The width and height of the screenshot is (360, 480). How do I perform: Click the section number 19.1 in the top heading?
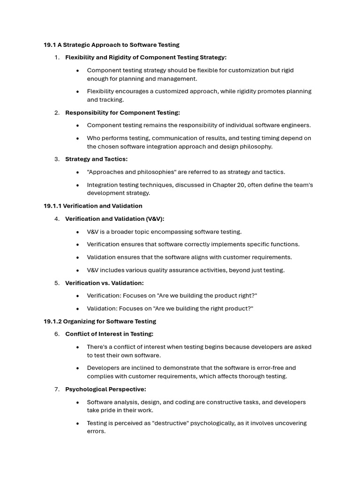tap(49, 45)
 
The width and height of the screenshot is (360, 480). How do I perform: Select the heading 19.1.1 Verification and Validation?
tap(93, 206)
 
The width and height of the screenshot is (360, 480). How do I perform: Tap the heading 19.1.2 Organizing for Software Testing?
tap(100, 322)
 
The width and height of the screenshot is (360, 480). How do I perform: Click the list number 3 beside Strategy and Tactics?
tap(57, 159)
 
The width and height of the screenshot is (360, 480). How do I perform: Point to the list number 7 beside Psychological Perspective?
tap(57, 390)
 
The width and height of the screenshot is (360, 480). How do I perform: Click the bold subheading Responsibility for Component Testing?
tap(122, 113)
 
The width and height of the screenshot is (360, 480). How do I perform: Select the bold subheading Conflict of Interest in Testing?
tap(109, 334)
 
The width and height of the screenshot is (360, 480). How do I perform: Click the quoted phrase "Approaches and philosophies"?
tap(129, 172)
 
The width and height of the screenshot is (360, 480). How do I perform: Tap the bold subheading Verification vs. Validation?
tap(104, 283)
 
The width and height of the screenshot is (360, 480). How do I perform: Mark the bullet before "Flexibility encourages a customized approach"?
tap(77, 91)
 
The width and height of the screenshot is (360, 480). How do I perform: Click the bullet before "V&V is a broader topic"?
tap(77, 232)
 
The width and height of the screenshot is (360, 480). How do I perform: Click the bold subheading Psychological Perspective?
tap(105, 390)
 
